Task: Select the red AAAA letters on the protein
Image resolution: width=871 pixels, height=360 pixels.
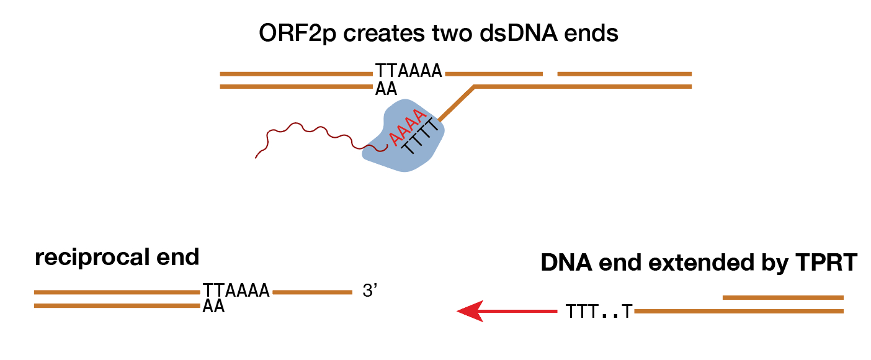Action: click(406, 127)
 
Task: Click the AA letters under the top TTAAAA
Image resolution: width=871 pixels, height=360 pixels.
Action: click(386, 89)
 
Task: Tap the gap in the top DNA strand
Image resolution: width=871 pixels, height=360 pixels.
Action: click(550, 74)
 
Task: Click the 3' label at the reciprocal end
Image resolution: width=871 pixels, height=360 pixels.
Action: click(370, 291)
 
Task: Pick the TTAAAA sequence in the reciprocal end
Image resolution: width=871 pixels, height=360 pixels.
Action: click(236, 290)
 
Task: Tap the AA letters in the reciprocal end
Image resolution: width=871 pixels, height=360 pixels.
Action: click(213, 307)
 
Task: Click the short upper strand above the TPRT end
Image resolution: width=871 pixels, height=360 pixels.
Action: click(783, 298)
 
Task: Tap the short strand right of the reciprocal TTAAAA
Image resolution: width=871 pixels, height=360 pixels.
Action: click(313, 292)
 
